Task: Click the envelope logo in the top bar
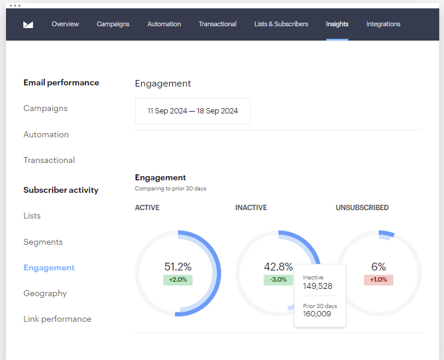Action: (28, 24)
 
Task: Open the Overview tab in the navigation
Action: (65, 24)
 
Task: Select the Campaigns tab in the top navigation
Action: (113, 24)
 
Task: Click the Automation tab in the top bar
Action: (164, 24)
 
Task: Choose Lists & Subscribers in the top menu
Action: (281, 24)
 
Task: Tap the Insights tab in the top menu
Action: (337, 24)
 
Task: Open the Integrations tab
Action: (383, 24)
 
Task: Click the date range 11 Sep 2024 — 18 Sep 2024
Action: (192, 111)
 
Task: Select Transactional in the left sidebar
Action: (49, 160)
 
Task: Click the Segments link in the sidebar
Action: (43, 242)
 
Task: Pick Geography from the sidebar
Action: (45, 293)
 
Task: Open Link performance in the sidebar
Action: (57, 319)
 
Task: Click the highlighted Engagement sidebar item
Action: (49, 267)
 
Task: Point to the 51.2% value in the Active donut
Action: (178, 267)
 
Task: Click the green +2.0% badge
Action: (177, 280)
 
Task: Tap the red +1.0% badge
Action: (378, 280)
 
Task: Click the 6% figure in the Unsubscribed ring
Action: (378, 267)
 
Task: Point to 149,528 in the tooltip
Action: (317, 286)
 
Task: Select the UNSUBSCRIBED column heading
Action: (362, 208)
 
